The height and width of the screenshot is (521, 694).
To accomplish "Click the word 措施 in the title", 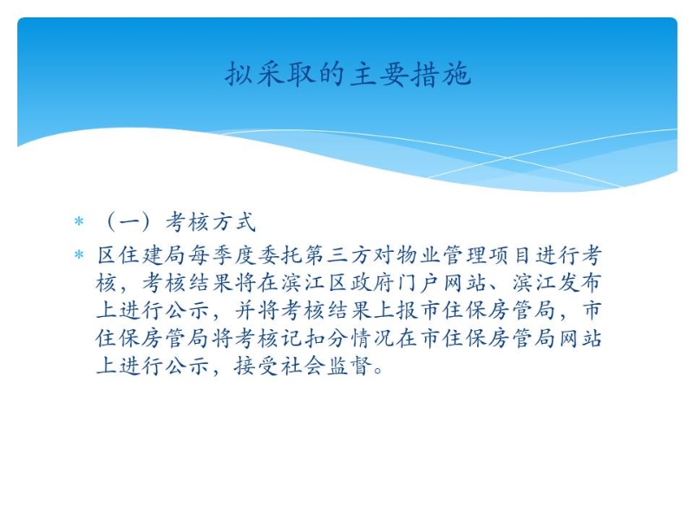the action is [x=440, y=74].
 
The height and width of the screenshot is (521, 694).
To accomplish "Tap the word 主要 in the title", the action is [x=379, y=74].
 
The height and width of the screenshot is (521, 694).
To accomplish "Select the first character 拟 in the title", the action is [x=239, y=74].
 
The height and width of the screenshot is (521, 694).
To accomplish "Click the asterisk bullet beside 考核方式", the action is [x=79, y=221].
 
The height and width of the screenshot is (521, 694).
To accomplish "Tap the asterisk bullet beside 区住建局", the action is [x=79, y=255].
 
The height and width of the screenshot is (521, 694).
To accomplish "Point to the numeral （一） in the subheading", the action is [x=128, y=221].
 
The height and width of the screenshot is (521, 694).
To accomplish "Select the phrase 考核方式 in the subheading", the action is [x=211, y=221].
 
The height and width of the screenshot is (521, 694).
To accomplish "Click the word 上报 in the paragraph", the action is [x=396, y=311].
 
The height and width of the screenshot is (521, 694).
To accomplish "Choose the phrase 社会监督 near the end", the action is [x=327, y=366].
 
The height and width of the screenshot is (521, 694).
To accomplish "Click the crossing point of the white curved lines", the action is [x=508, y=157].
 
